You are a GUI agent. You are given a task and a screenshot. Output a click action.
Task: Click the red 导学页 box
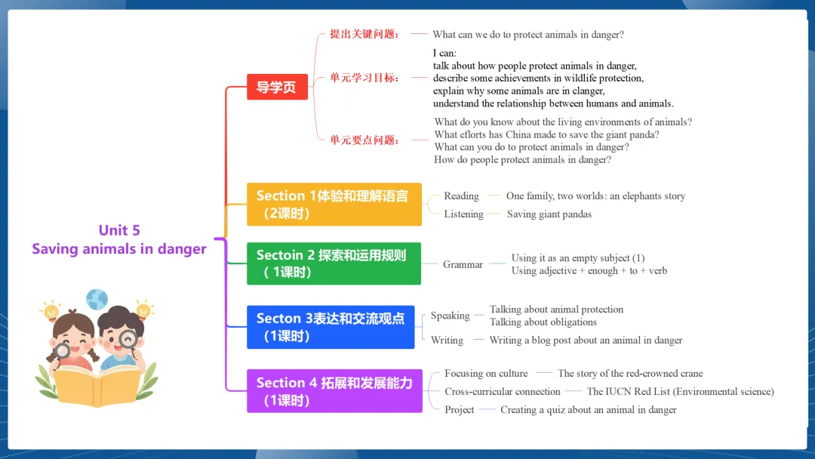277,88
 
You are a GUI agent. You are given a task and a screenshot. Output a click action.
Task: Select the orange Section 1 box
334,205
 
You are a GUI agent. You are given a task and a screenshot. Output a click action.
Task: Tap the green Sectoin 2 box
334,263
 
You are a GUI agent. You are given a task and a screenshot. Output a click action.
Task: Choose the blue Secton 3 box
331,327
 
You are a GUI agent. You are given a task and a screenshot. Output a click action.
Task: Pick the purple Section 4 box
334,391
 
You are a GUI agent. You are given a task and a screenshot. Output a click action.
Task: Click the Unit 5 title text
119,230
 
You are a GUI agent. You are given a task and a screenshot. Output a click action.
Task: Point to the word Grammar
463,264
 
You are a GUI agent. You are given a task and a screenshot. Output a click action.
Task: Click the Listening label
463,214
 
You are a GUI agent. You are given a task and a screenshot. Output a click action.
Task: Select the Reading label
461,196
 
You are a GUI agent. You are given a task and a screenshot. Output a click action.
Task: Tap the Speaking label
450,316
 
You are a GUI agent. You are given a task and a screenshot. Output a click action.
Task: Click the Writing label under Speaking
447,340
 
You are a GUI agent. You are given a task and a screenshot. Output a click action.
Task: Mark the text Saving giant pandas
549,214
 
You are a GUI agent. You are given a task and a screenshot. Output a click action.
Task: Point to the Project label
460,409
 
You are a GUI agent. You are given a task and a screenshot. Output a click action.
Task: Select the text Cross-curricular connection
503,391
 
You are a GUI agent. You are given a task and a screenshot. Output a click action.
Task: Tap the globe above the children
97,300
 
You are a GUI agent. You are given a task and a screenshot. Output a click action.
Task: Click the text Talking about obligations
543,322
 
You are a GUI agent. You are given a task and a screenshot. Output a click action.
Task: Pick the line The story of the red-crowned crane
630,373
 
